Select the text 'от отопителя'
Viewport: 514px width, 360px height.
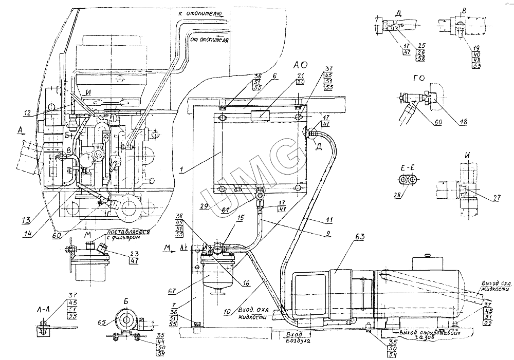click(209, 39)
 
